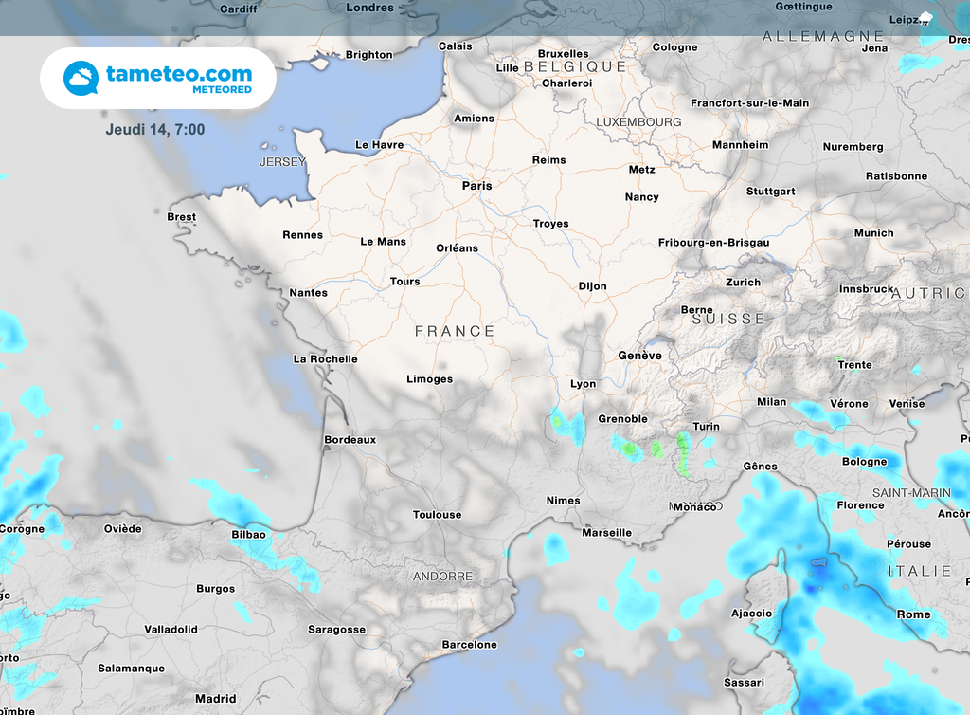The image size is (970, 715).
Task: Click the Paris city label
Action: coord(476,186)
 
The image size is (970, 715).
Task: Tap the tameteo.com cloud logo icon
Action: coord(81,78)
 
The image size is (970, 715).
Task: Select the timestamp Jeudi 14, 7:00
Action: coord(155,129)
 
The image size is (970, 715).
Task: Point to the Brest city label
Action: coord(181,217)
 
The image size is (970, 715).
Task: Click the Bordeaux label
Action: coord(350,440)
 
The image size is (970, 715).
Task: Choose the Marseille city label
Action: coord(606,533)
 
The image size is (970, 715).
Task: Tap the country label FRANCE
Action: coord(455,331)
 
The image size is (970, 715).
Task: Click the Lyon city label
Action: coord(583,384)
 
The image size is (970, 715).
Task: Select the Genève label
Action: coord(639,356)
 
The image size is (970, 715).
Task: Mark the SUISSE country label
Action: coord(727,320)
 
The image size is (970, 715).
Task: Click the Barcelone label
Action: coord(469,645)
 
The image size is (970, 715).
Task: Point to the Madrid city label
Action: coord(215,699)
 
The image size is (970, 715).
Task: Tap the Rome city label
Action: coord(913,614)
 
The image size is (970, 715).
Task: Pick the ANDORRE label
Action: coord(442,577)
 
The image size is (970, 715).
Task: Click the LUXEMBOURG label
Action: coord(638,122)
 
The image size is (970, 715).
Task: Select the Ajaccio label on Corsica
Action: coord(751,614)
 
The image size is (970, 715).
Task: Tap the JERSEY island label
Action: coord(282,162)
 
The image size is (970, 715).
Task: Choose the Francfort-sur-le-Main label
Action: coord(749,103)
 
